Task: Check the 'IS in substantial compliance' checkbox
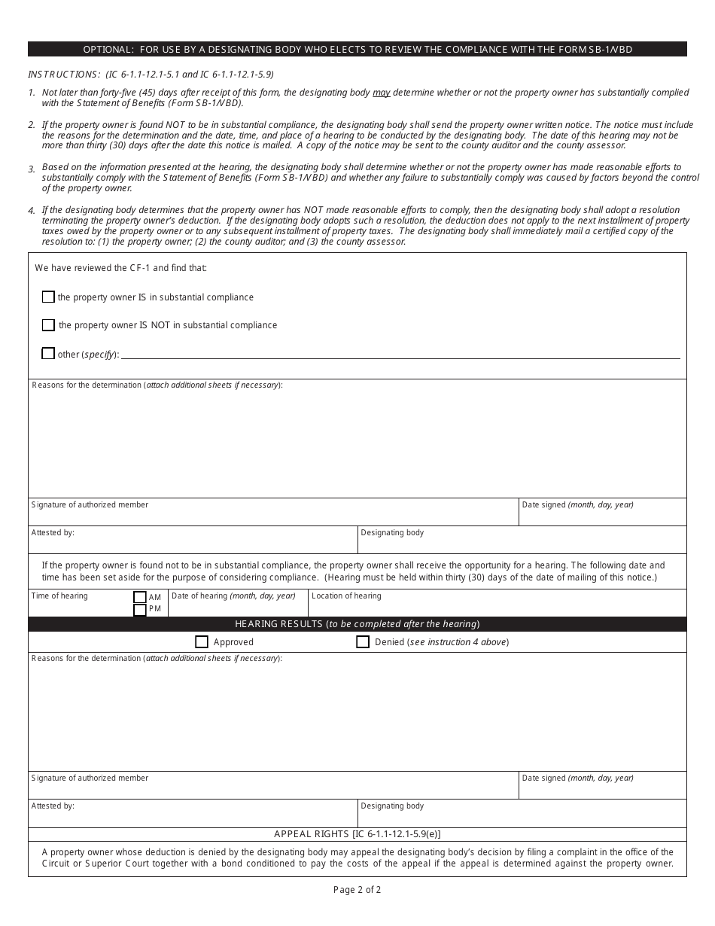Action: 48,297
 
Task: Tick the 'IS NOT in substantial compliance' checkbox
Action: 48,325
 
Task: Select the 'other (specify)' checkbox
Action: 48,353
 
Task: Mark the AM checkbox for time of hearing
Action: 139,597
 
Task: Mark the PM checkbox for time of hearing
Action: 139,610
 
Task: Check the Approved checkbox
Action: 201,642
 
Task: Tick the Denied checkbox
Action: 363,642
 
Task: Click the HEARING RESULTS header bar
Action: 357,624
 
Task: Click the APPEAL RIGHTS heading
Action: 357,834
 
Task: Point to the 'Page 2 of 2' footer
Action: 357,890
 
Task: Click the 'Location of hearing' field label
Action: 346,596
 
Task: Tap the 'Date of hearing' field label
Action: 233,596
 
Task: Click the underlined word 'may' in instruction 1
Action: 382,93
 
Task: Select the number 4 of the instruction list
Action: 32,211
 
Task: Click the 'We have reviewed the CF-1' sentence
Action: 120,268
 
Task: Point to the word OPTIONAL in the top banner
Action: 108,50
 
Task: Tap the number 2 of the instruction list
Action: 32,125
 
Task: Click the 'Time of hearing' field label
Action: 59,596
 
